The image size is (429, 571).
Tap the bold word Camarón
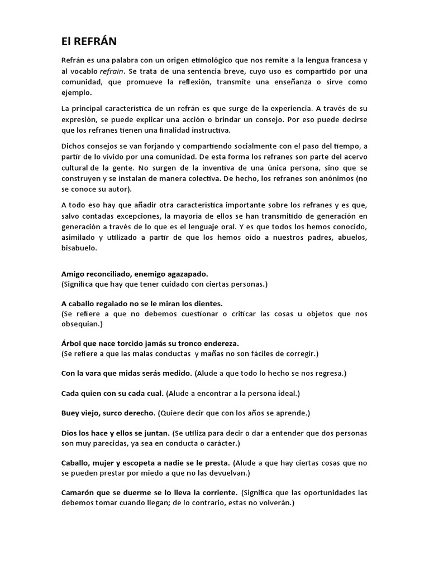point(78,492)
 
